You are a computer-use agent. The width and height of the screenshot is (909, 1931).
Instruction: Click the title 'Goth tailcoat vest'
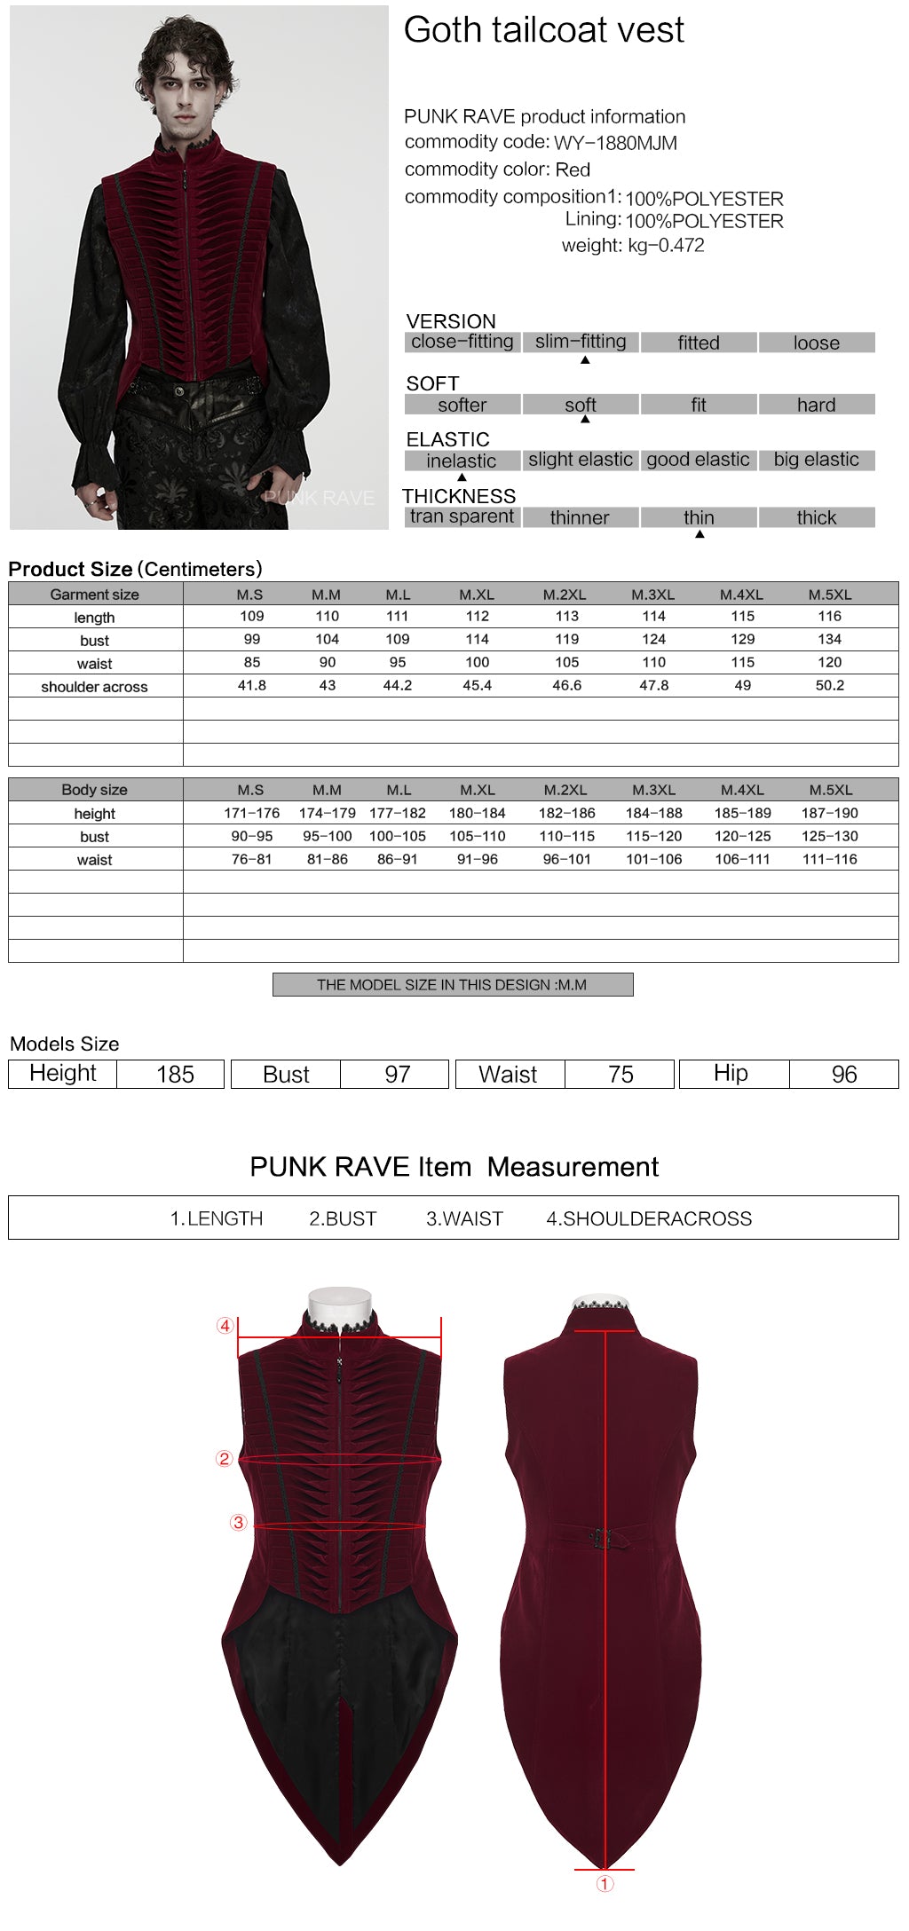coord(543,30)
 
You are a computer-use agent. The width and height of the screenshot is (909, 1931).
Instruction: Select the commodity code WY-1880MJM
coord(615,143)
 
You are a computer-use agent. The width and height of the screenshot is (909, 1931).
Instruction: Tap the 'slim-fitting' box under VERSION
coord(581,342)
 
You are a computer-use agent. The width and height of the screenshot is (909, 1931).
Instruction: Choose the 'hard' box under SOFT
coord(816,405)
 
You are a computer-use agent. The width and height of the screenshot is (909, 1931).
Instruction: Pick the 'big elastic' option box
coord(816,460)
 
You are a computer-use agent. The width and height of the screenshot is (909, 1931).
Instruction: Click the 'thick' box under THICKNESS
coord(816,517)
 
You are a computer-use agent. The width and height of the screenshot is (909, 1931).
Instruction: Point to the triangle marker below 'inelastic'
coord(462,477)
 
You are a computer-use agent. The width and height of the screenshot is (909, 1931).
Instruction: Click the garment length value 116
coord(829,616)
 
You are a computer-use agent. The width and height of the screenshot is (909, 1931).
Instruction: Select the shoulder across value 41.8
coord(252,685)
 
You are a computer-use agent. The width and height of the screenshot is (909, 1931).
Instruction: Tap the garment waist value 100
coord(477,662)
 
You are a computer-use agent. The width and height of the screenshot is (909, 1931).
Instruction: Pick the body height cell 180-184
coord(477,813)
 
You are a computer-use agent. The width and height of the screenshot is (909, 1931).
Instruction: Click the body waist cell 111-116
coord(829,859)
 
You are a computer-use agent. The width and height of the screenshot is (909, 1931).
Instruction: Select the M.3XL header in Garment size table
coord(653,595)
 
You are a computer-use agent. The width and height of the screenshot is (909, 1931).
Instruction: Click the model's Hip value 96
coord(843,1074)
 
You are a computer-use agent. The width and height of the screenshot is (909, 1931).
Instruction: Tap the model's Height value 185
coord(175,1074)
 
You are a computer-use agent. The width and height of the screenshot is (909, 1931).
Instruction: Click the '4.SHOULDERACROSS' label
coord(649,1218)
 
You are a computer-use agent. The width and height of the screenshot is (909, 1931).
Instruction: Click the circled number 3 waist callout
coord(238,1523)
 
